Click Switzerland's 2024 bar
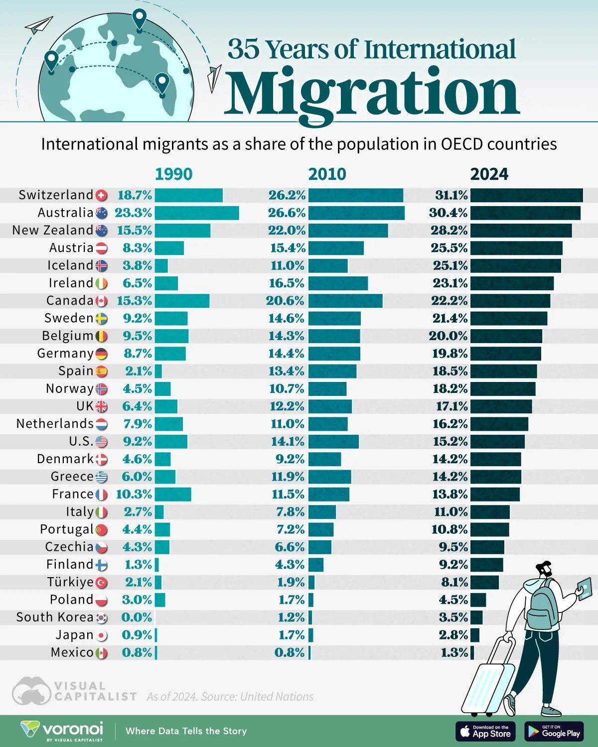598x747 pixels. click(x=526, y=195)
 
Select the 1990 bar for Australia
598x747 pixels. click(x=197, y=213)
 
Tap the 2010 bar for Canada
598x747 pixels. click(x=345, y=301)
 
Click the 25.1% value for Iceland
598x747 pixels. click(x=450, y=265)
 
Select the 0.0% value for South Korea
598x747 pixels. click(x=137, y=618)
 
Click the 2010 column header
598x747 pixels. click(x=327, y=174)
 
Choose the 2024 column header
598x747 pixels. click(x=489, y=174)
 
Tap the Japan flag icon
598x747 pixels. click(x=101, y=635)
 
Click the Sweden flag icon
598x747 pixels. click(x=101, y=319)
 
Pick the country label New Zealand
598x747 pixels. click(x=52, y=230)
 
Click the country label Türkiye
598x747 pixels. click(x=70, y=582)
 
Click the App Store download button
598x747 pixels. click(x=485, y=731)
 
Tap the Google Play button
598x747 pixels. click(x=554, y=731)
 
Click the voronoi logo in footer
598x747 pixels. click(x=62, y=731)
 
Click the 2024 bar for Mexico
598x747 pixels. click(x=472, y=653)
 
